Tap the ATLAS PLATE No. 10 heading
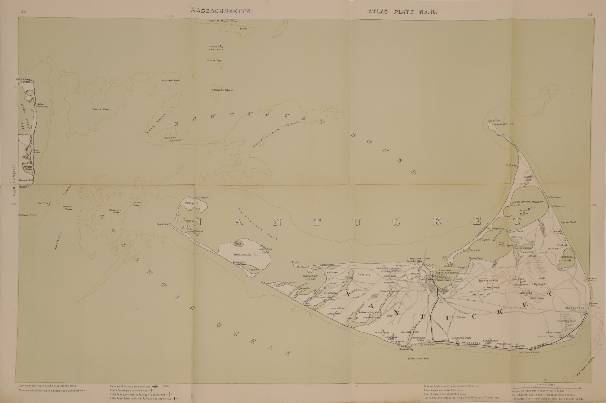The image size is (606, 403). (402, 12)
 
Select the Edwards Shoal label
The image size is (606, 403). (222, 90)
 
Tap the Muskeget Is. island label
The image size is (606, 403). (191, 202)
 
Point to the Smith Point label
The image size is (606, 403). (164, 224)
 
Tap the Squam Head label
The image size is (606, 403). (568, 222)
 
